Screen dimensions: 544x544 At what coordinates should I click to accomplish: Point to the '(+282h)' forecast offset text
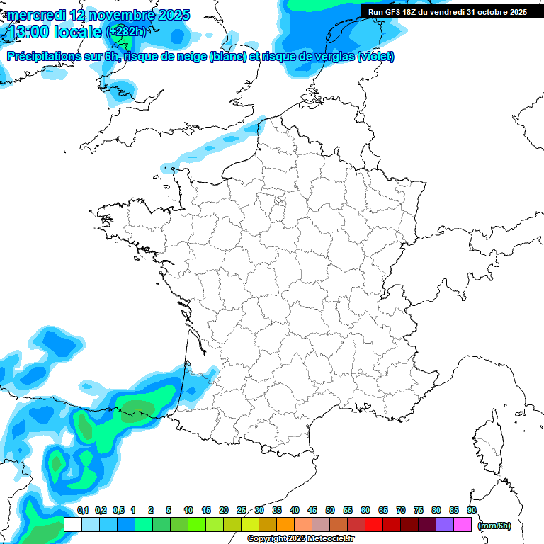[x=126, y=32]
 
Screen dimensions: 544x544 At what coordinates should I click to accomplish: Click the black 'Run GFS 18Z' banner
[x=447, y=11]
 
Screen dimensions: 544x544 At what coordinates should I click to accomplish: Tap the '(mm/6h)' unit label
[x=494, y=525]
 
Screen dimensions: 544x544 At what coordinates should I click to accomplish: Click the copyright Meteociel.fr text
[x=300, y=539]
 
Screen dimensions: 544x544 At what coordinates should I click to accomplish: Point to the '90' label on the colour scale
[x=472, y=510]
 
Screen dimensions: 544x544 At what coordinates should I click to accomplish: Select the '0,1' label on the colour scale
[x=83, y=510]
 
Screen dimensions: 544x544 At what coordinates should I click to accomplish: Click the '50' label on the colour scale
[x=330, y=510]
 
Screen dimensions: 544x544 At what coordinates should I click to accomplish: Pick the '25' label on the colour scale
[x=242, y=510]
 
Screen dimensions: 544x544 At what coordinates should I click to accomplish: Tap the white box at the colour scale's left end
[x=72, y=524]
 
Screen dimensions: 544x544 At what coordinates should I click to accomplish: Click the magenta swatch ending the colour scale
[x=463, y=524]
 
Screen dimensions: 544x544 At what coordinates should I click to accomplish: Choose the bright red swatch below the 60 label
[x=374, y=524]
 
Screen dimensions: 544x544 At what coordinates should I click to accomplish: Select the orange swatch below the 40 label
[x=285, y=524]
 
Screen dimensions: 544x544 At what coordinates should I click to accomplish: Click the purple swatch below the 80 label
[x=445, y=524]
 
